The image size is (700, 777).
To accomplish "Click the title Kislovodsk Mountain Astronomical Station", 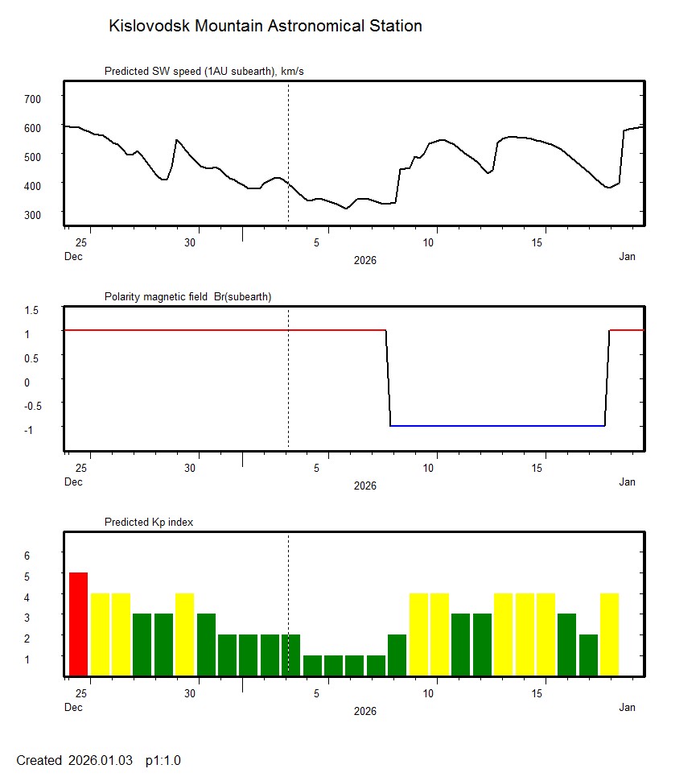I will coord(265,27).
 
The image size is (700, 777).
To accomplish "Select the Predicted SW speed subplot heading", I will coord(204,72).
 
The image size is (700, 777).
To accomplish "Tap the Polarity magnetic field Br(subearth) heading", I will coord(187,297).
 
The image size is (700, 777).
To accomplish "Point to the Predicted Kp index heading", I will coord(149,523).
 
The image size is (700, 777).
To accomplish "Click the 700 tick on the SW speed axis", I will coord(32,98).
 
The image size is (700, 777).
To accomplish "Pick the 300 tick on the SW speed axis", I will coord(32,214).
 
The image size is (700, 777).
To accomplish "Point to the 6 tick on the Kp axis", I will coord(27,556).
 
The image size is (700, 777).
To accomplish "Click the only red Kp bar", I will coord(78,624).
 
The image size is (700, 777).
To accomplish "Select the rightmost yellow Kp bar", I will coord(609,634).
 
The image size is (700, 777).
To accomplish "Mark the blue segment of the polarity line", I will coord(497,426).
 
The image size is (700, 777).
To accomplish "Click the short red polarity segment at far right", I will coord(627,330).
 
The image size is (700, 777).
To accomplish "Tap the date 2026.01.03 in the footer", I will coord(101,760).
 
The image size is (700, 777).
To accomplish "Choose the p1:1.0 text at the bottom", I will coord(163,760).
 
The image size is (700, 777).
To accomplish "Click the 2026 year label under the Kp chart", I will coord(365,711).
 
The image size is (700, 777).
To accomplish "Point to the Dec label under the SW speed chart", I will coord(73,257).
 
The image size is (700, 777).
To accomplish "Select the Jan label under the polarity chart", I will coord(627,482).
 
